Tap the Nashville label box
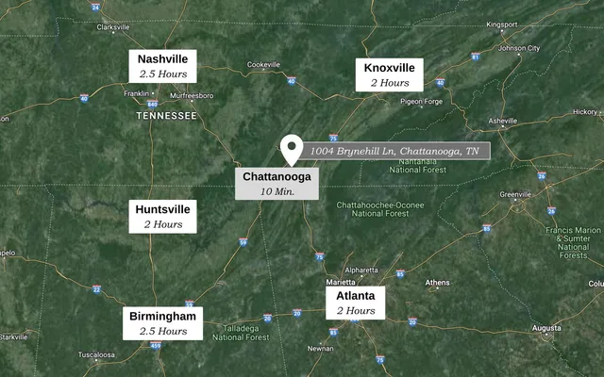(163, 65)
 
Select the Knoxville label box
(389, 74)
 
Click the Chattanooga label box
(277, 183)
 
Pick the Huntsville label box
(162, 216)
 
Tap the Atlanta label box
(355, 302)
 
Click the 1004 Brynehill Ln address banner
(394, 151)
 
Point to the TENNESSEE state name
(166, 115)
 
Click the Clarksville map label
(113, 27)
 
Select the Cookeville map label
(264, 65)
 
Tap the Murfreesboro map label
(192, 96)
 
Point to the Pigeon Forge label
(421, 102)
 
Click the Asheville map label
(502, 121)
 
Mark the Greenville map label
(516, 195)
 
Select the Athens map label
(437, 283)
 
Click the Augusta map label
(546, 328)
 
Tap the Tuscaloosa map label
(96, 354)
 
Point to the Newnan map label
(320, 348)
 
